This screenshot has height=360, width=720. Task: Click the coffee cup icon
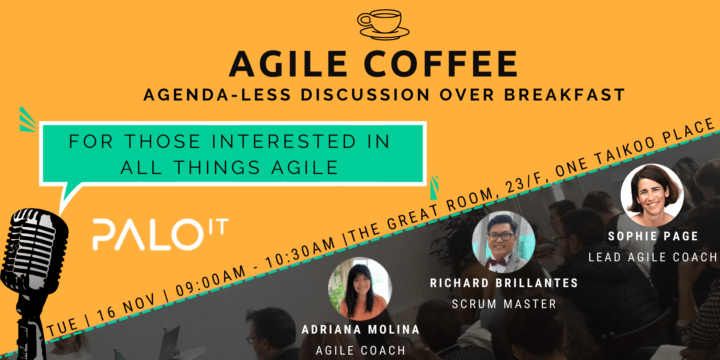pos(383,25)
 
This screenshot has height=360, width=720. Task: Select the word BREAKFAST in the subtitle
pos(565,95)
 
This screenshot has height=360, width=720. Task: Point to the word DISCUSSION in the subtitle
pos(365,95)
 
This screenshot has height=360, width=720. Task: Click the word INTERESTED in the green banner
pos(284,141)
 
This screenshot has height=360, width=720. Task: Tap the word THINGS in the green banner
pos(217,167)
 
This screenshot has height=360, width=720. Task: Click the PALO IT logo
pos(160,234)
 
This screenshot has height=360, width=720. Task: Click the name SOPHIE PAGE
pos(653,236)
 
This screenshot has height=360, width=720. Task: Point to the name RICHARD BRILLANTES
pos(504,283)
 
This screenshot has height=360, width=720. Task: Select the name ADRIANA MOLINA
pos(361,330)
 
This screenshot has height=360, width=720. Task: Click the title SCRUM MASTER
pos(504,304)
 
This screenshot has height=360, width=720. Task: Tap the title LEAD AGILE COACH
pos(653,257)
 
